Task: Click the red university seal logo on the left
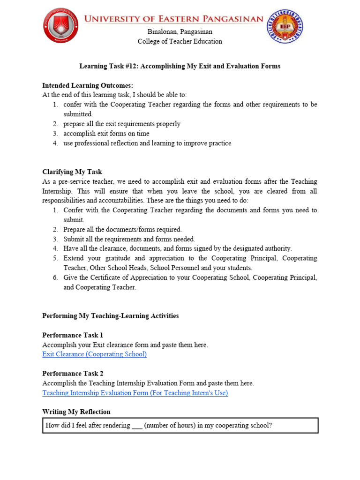coord(60,26)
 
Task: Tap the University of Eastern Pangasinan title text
coord(173,19)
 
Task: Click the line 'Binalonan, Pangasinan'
coord(180,32)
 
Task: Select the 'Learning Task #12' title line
coord(180,66)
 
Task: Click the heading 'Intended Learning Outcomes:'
coord(88,85)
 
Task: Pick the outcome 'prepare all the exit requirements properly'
coord(122,124)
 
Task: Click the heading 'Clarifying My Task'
coord(72,172)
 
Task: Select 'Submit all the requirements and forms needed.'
coord(129,239)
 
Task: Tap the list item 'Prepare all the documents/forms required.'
coord(123,230)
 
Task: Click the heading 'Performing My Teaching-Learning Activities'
coord(110,316)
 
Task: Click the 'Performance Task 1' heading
coord(73,335)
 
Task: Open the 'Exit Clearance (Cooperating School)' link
coord(94,354)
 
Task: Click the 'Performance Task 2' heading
coord(73,374)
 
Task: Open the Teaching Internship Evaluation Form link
coord(135,393)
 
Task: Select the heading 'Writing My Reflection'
coord(76,412)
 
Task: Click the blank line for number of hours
coord(137,426)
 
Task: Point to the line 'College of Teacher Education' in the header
coord(180,41)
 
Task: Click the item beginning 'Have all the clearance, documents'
coord(178,248)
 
